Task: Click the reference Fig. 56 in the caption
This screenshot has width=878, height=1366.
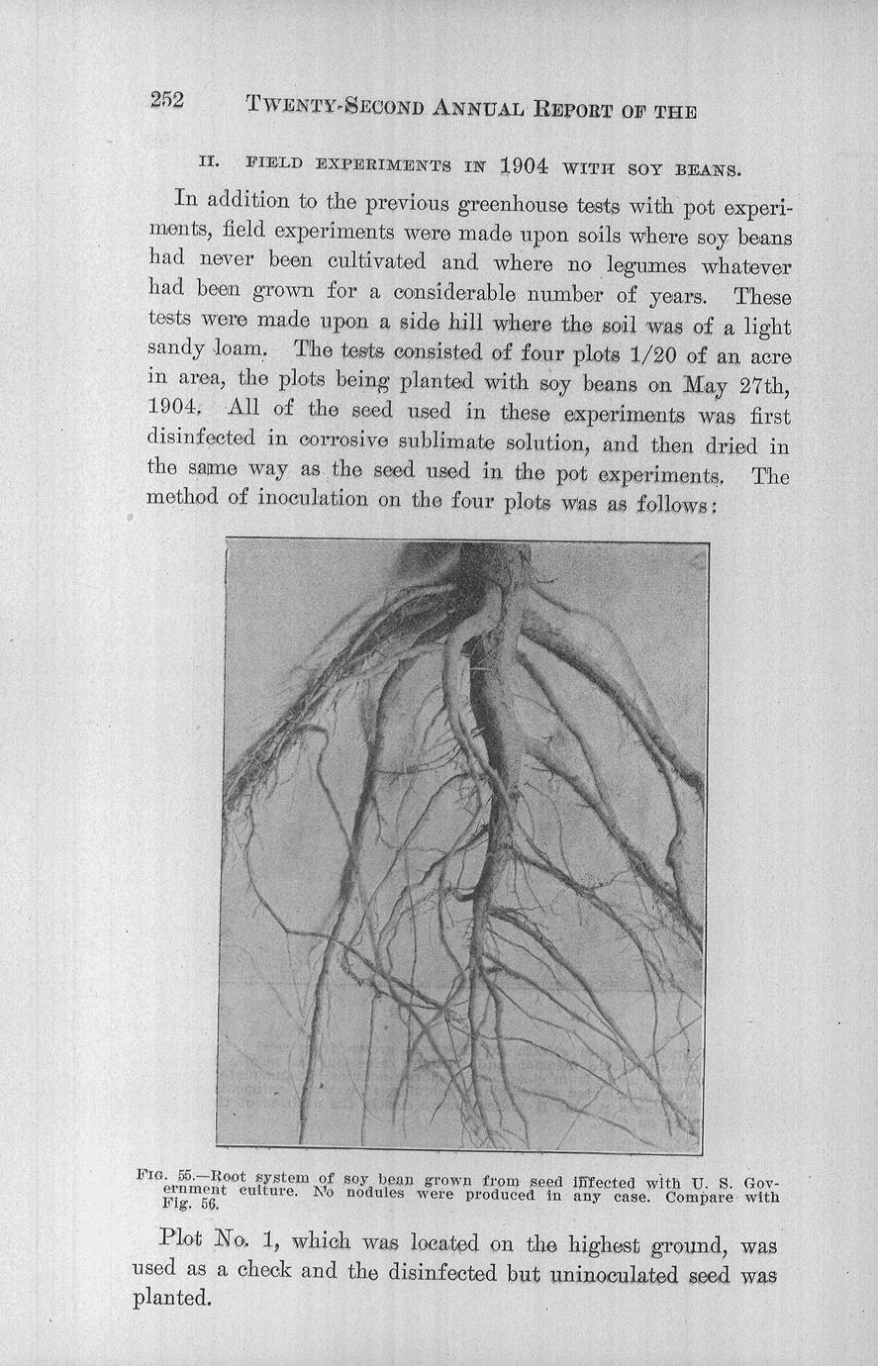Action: coord(188,1206)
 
